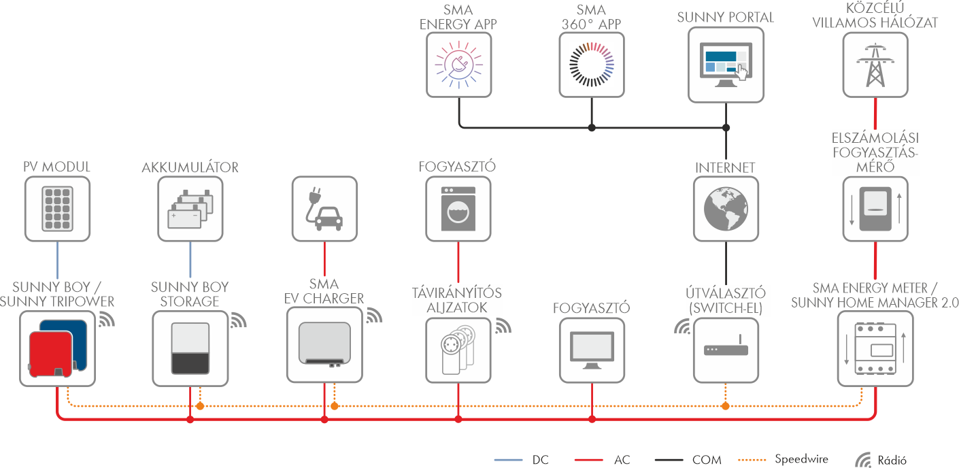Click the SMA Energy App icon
point(458,65)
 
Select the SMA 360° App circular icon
point(591,65)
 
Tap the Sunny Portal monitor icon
point(726,65)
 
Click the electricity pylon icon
point(873,65)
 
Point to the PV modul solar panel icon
point(56,208)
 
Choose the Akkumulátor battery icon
point(190,208)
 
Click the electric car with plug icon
point(324,208)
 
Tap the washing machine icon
point(458,208)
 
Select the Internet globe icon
point(726,208)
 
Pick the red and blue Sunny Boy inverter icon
point(52,347)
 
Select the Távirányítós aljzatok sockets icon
point(458,348)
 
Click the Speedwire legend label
point(801,459)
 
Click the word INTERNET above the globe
point(725,167)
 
